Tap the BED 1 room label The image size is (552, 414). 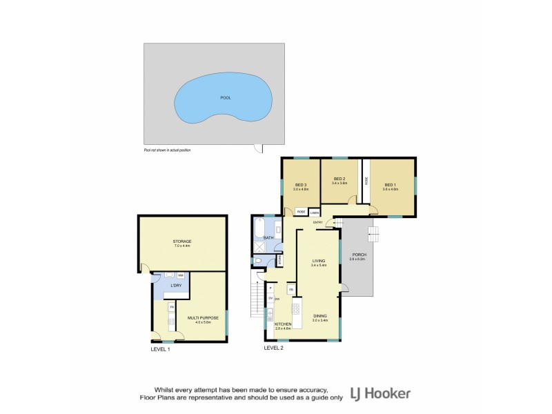point(391,184)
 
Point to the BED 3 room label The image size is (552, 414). point(301,185)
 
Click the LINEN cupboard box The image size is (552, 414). point(314,213)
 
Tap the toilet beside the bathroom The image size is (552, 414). point(257,262)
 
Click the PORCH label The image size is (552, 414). point(357,255)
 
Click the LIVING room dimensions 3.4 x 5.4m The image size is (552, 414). point(318,265)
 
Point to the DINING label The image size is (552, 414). point(319,315)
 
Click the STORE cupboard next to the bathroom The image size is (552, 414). point(279,261)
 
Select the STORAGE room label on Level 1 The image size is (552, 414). point(182,241)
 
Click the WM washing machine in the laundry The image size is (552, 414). point(180,275)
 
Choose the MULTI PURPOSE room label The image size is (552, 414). point(203,318)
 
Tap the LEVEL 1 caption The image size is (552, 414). point(160,349)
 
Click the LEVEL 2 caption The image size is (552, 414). point(274,348)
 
